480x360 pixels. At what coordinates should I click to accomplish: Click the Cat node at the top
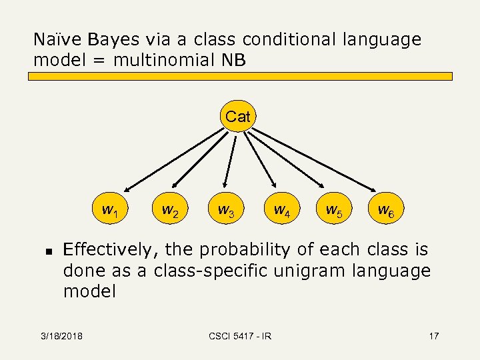[x=238, y=117]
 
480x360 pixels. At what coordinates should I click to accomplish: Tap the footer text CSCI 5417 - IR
[x=240, y=336]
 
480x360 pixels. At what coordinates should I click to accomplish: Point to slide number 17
[x=433, y=336]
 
